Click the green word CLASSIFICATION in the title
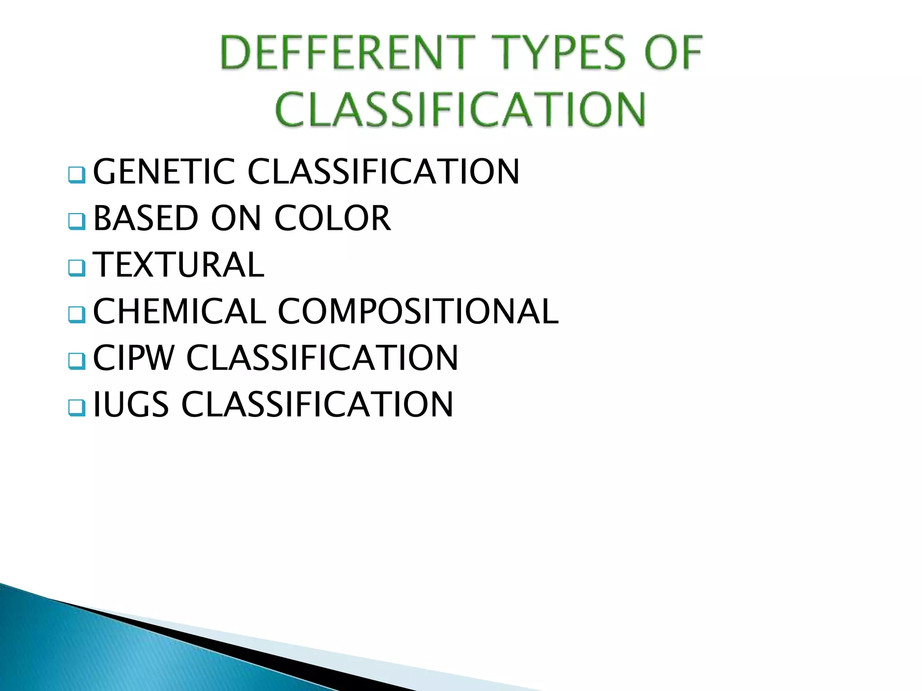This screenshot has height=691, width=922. point(461,109)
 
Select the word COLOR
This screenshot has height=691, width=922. point(333,218)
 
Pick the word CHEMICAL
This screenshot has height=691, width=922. point(180,311)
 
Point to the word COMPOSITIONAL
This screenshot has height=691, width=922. point(418,311)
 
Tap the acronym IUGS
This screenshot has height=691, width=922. point(131,404)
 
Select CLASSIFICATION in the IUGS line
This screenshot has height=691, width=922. point(317,404)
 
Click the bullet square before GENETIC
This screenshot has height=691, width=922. point(77,175)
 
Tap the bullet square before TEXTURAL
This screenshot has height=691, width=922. point(77,268)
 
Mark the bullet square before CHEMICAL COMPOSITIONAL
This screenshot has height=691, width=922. point(77,314)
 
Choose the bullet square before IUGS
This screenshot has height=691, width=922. point(77,407)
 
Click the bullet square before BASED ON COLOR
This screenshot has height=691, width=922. point(77,221)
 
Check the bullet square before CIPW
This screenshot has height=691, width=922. point(77,361)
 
